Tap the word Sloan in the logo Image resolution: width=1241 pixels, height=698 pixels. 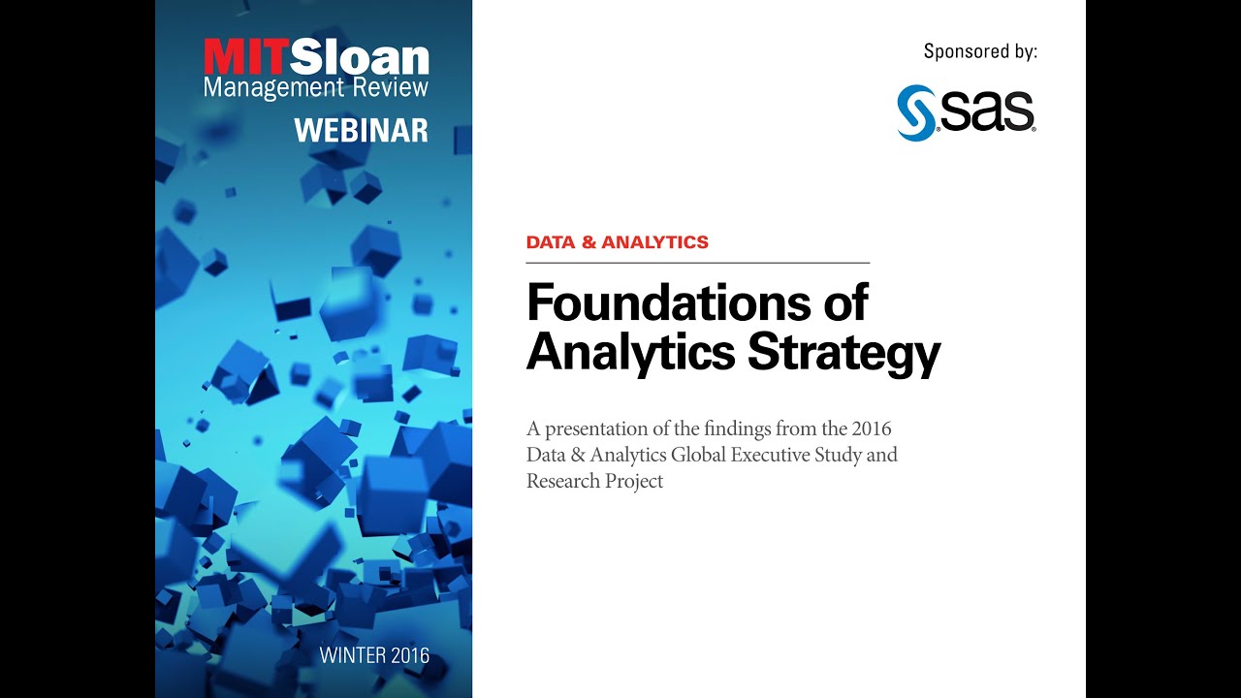[359, 59]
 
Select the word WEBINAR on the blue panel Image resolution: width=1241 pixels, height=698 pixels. [361, 130]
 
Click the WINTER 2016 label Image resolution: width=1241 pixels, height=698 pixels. [374, 655]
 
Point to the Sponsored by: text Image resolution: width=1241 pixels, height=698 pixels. [980, 51]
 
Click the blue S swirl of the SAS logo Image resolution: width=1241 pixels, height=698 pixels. [916, 112]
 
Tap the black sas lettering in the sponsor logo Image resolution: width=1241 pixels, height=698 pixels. [986, 113]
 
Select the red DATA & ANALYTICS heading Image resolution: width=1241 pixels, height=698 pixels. [617, 242]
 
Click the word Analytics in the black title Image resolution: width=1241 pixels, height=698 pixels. [631, 353]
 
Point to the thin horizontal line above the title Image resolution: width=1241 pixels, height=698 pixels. [697, 263]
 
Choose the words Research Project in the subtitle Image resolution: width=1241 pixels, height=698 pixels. [594, 481]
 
